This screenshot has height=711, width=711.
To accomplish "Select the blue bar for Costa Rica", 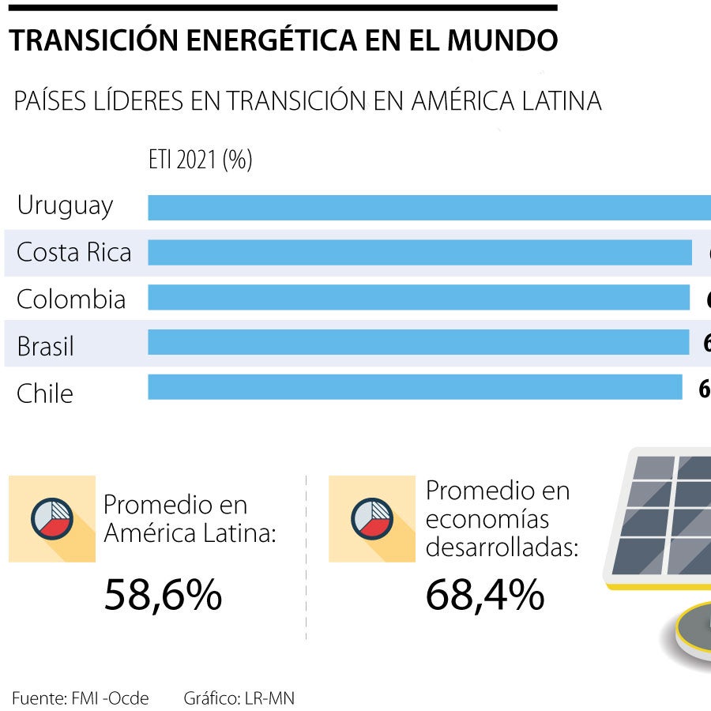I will point(419,253).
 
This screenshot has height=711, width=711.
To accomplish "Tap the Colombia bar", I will point(419,298).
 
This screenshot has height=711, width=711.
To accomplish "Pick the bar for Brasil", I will point(418,342).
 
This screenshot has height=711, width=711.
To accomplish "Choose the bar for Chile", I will point(415,387).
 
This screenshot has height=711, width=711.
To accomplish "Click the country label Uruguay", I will point(65,206).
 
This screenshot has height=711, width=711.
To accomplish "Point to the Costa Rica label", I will point(73,253).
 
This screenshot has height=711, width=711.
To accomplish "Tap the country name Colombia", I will point(71,299).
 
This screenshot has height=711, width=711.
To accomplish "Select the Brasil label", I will point(45,346).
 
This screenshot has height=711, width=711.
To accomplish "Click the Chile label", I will point(44,393).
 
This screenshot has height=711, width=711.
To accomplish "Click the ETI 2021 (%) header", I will point(200,160).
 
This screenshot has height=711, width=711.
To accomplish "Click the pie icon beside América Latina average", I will point(52,519).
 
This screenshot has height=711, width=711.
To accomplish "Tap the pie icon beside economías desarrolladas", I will point(372,519).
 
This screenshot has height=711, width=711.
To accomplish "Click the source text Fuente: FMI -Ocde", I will point(81,698).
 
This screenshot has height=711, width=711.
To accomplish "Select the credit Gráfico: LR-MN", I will point(239,698).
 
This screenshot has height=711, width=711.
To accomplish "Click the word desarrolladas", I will point(502,547).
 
